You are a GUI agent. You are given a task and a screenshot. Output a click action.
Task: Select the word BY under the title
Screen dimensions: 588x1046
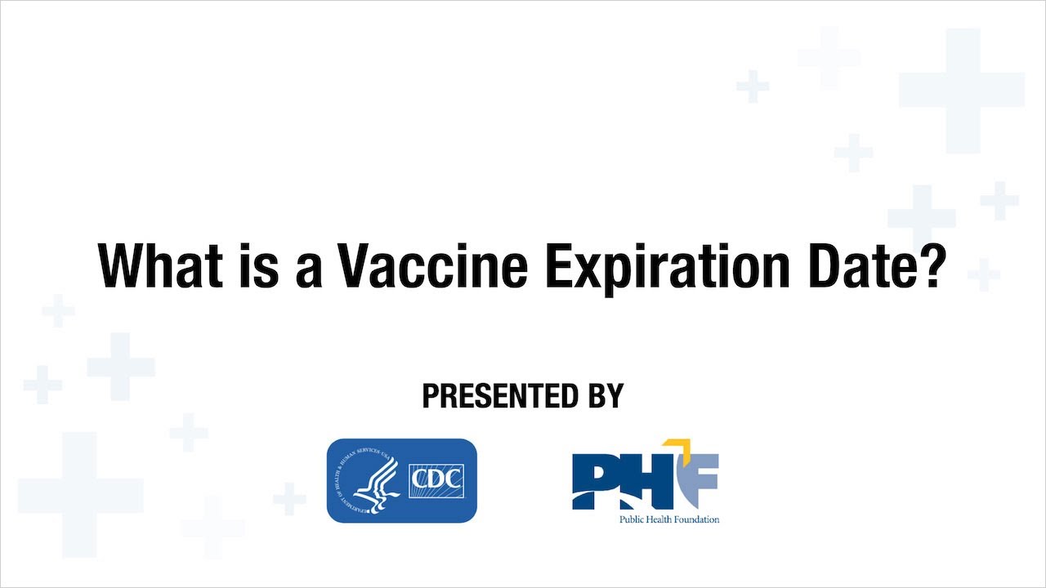click(602, 396)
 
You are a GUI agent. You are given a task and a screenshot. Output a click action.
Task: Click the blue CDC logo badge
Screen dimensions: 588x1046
click(401, 481)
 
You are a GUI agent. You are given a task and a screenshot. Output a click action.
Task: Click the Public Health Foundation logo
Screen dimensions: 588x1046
click(646, 481)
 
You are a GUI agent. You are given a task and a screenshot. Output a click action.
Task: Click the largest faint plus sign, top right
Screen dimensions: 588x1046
click(961, 90)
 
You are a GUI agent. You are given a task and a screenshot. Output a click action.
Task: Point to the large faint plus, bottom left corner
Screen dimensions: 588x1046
click(80, 495)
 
